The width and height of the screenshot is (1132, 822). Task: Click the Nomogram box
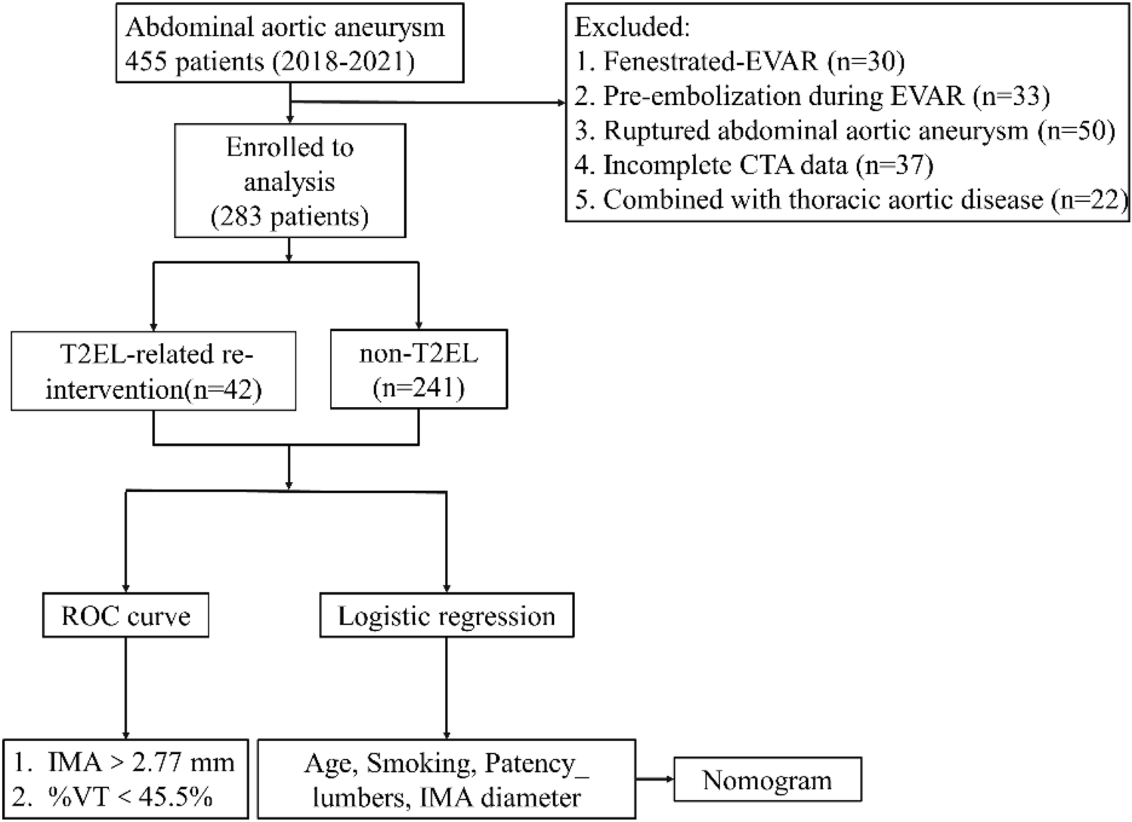(x=767, y=780)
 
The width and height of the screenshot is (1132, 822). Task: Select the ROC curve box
(x=125, y=616)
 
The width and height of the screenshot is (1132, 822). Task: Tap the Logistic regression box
(x=446, y=616)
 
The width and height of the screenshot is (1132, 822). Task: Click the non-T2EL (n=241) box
(x=419, y=370)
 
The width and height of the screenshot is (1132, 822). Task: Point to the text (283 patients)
(x=289, y=217)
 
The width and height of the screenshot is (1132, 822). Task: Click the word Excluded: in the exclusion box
(x=632, y=27)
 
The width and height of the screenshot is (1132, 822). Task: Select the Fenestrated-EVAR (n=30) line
(x=739, y=62)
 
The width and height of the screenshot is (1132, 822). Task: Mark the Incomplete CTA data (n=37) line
(x=754, y=165)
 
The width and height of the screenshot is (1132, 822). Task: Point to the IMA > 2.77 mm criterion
(x=125, y=762)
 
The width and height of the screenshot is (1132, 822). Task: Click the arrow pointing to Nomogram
(x=654, y=778)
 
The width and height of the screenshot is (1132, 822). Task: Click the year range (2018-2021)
(x=344, y=61)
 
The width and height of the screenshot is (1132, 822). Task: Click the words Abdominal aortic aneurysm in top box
(x=285, y=27)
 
